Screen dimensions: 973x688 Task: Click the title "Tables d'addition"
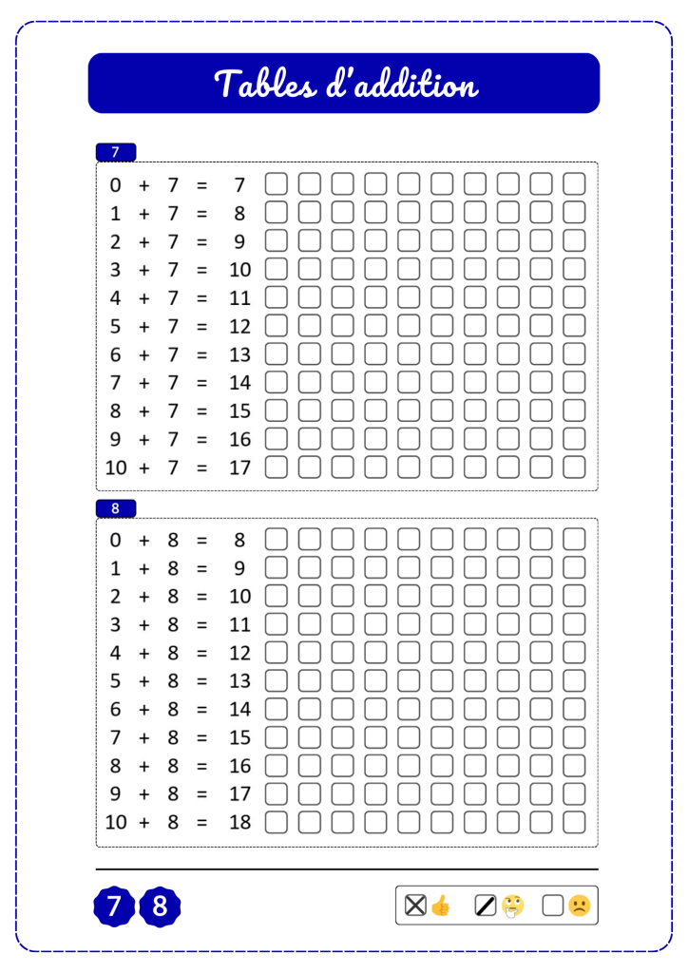tap(344, 84)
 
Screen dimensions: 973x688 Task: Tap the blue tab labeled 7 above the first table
tap(116, 152)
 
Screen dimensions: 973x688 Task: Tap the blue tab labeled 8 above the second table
tap(116, 508)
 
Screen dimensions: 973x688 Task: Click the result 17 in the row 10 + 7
tap(239, 467)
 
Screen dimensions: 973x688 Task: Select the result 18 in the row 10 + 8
tap(239, 822)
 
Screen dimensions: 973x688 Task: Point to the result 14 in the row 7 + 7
tap(239, 383)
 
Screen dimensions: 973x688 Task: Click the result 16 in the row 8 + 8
tap(239, 766)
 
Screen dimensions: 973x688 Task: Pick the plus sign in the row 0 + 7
tap(144, 185)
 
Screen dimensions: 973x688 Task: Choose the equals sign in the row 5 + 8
tap(201, 681)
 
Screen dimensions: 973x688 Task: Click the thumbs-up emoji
tap(440, 906)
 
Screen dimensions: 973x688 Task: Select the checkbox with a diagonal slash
tap(487, 906)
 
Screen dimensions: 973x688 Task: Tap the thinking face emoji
tap(513, 906)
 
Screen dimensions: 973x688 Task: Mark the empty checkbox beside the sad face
tap(553, 906)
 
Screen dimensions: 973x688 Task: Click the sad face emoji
tap(578, 906)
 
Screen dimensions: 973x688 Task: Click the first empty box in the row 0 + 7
tap(276, 185)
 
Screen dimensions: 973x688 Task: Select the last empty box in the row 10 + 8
tap(574, 822)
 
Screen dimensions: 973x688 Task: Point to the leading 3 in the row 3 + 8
tap(116, 625)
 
